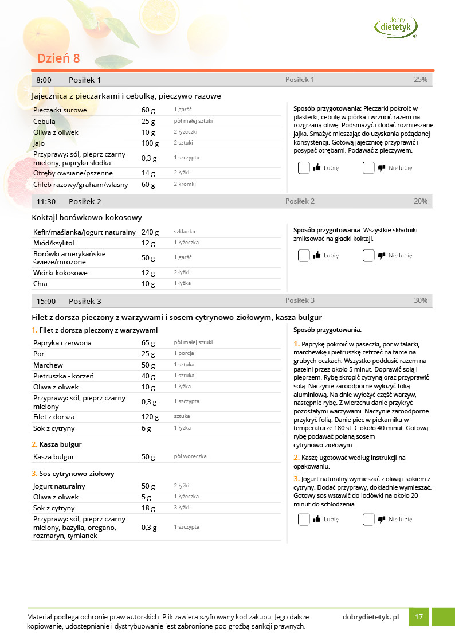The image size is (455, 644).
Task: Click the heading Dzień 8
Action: tap(58, 58)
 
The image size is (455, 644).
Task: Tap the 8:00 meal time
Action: tap(44, 80)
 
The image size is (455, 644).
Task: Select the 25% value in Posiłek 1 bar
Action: tap(421, 80)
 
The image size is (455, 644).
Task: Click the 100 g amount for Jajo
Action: tap(150, 143)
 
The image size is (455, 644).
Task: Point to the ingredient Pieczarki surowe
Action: tap(60, 110)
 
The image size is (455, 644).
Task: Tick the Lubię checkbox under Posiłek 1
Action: tap(304, 168)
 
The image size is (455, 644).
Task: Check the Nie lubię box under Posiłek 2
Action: tap(368, 256)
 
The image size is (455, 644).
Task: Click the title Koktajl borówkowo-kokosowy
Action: tap(87, 218)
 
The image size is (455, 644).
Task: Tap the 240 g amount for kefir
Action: tap(150, 232)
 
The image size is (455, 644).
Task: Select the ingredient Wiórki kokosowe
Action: tap(60, 273)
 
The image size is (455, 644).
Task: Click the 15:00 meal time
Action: tap(46, 301)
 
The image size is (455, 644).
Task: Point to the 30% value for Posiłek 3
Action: tap(421, 300)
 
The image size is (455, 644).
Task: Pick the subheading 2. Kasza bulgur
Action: tap(57, 444)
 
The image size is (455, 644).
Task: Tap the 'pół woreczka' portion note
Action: tap(190, 456)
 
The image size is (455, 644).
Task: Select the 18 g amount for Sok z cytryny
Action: tap(148, 508)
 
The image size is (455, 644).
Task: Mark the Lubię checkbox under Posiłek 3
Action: tap(304, 520)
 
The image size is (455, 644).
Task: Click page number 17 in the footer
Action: tap(419, 617)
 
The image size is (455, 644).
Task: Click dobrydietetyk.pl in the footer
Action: tap(371, 617)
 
